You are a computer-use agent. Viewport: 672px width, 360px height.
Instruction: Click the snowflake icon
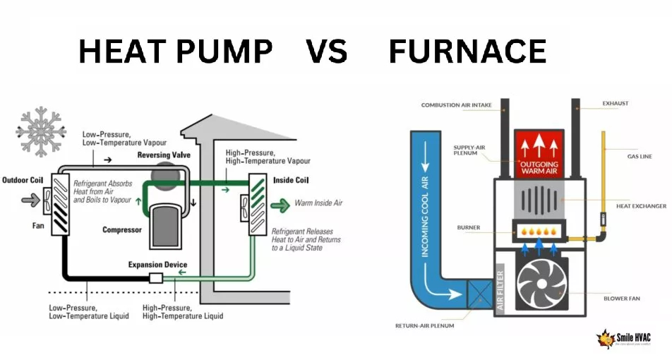(x=41, y=132)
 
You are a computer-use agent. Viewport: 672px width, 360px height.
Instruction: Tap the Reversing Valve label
(x=164, y=155)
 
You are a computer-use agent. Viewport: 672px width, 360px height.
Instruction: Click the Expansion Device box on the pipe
(x=156, y=278)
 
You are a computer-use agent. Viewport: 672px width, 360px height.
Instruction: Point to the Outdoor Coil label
(x=23, y=180)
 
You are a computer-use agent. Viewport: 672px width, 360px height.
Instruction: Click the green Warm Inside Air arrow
(x=280, y=205)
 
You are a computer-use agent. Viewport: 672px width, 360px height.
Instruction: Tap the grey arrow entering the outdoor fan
(x=30, y=200)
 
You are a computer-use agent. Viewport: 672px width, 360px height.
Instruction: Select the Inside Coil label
(x=291, y=180)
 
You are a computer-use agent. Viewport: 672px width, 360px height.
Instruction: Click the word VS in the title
(x=326, y=51)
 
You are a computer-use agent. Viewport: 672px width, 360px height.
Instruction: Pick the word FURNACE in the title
(x=467, y=51)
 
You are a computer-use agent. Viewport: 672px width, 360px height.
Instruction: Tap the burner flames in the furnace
(x=539, y=232)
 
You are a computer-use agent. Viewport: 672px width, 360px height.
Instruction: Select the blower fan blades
(x=541, y=283)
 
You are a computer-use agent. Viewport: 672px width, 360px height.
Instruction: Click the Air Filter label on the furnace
(x=500, y=291)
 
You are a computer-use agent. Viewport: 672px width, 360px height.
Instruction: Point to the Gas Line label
(x=640, y=157)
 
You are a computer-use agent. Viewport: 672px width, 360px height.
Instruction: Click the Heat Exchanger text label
(x=641, y=206)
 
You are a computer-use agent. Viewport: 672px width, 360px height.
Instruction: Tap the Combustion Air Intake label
(x=457, y=105)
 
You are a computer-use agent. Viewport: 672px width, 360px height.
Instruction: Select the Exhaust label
(x=616, y=103)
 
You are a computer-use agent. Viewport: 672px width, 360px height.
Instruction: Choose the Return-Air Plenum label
(x=424, y=325)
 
